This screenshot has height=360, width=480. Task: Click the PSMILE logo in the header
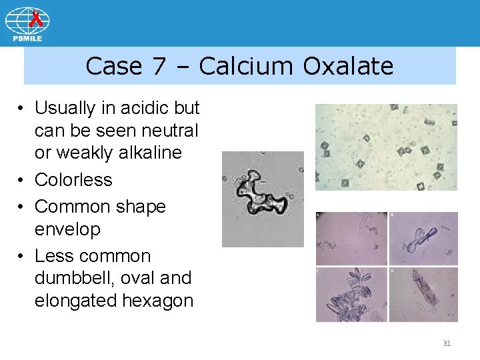pyautogui.click(x=27, y=24)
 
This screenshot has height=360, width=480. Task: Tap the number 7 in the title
pyautogui.click(x=161, y=66)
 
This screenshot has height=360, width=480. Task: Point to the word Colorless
pyautogui.click(x=73, y=180)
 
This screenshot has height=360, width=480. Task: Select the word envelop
pyautogui.click(x=67, y=229)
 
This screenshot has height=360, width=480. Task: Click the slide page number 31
pyautogui.click(x=447, y=343)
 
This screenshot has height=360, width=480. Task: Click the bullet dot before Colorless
pyautogui.click(x=22, y=180)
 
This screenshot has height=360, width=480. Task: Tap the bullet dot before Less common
pyautogui.click(x=22, y=256)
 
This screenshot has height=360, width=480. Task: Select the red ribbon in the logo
pyautogui.click(x=37, y=14)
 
